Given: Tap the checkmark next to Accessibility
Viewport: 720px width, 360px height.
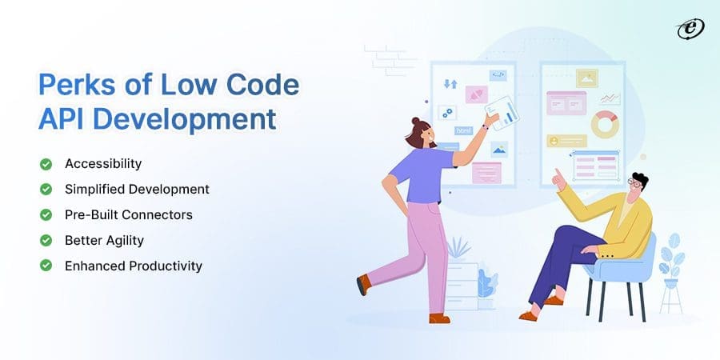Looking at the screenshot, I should click(46, 164).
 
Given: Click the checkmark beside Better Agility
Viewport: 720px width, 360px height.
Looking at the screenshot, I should click(46, 240).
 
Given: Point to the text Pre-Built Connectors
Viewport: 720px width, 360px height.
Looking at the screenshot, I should click(128, 215).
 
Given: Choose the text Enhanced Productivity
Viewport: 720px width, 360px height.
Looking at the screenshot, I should click(133, 266).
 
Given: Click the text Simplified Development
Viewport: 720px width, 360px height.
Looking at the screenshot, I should click(137, 190).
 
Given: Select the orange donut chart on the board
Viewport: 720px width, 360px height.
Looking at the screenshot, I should click(606, 124).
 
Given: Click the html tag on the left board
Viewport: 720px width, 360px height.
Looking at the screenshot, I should click(463, 130).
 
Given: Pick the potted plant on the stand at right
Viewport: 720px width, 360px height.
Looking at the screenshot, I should click(671, 256).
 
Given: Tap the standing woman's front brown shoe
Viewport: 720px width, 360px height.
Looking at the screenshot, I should click(438, 318).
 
